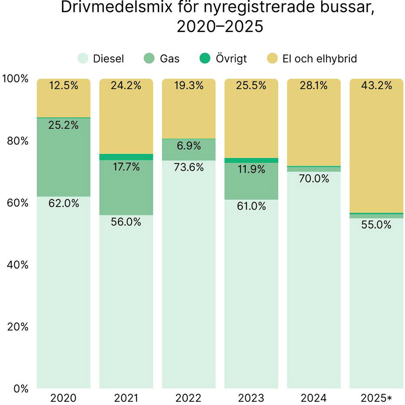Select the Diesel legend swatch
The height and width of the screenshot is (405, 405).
pos(83,58)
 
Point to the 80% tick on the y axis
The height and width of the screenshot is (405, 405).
pos(16,141)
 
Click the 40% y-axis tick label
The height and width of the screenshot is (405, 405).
pos(16,265)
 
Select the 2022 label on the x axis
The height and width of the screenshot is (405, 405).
pos(189,398)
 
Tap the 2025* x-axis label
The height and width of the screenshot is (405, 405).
pos(376,398)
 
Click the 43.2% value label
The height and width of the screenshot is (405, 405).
pos(376,86)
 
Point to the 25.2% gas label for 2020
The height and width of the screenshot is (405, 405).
pos(63,125)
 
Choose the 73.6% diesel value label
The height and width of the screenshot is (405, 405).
pos(189,167)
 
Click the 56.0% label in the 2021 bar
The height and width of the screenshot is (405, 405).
pos(126,222)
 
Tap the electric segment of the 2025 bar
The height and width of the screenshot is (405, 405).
pos(376,150)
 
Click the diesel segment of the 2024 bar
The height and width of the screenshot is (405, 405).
pos(314,281)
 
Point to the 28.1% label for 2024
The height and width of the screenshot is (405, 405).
pos(314,86)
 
